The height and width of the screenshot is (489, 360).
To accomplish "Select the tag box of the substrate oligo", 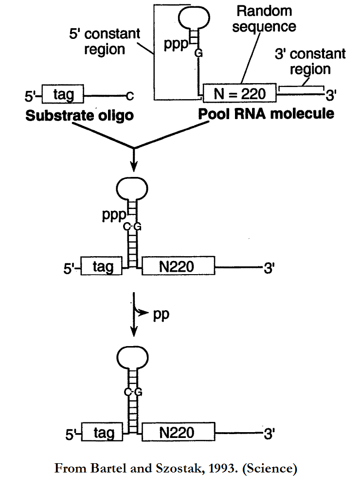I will [63, 94].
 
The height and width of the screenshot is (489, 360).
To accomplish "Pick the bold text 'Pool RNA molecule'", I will [266, 114].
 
